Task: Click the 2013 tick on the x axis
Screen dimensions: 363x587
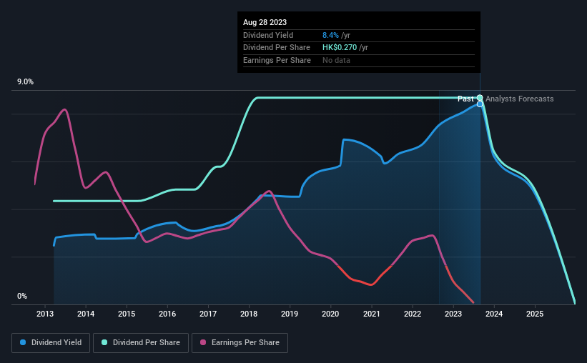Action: (45, 314)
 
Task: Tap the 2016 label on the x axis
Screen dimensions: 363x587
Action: (167, 314)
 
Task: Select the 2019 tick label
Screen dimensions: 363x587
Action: (290, 314)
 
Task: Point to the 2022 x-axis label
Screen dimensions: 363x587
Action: (412, 314)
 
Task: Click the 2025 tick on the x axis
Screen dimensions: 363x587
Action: (535, 314)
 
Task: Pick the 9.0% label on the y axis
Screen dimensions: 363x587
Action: (26, 82)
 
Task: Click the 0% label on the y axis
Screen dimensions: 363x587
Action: (21, 296)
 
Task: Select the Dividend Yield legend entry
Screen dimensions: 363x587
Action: (50, 343)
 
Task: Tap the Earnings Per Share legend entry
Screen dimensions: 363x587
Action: (240, 343)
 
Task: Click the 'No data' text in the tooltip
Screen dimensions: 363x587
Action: (336, 61)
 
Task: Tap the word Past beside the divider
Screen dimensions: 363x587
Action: (465, 99)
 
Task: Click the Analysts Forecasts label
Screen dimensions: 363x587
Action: (519, 99)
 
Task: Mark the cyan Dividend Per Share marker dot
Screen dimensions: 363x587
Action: (480, 98)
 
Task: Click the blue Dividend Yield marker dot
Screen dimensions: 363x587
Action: (480, 104)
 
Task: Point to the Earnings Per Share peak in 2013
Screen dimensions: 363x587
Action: (65, 109)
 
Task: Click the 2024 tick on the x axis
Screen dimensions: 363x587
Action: (494, 314)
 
